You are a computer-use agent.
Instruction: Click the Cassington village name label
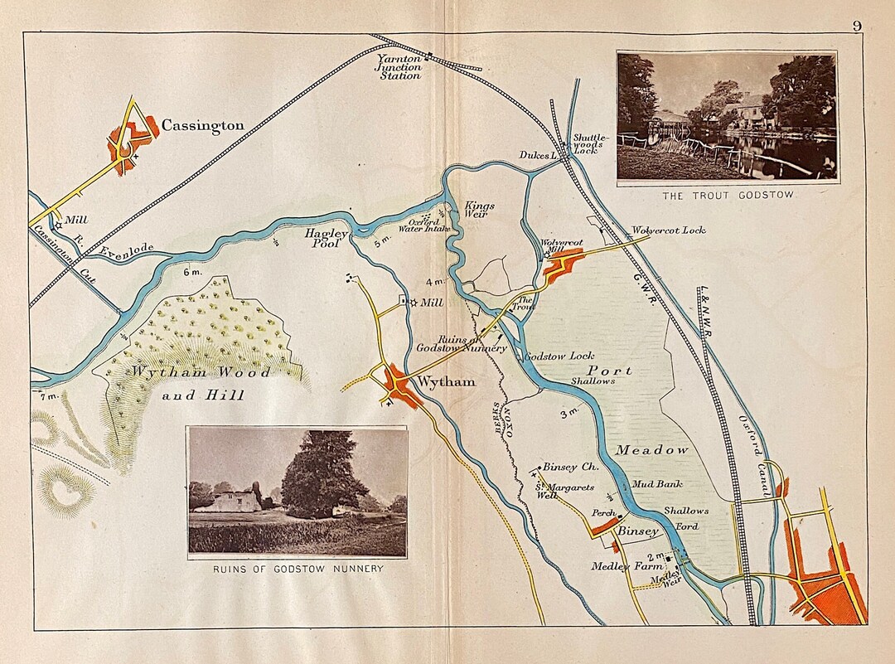coord(203,126)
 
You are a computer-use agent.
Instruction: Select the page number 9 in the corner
coord(857,26)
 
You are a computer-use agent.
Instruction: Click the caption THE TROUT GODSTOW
coord(727,195)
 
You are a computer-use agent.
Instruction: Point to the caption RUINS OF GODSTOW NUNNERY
coord(298,568)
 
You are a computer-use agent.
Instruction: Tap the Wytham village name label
coord(447,382)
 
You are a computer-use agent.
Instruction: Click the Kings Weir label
coord(478,210)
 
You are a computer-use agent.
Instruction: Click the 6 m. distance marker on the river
coord(192,273)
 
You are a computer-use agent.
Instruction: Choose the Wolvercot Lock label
coord(669,230)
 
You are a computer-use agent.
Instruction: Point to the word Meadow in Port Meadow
coord(651,450)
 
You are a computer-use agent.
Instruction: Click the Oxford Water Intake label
coord(423,225)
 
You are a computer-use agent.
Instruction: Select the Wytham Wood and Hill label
coord(201,384)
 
